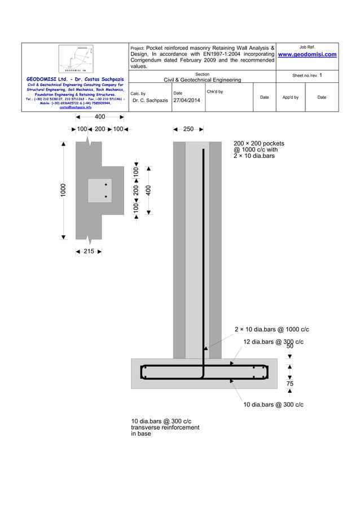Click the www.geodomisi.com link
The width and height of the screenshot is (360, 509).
[x=307, y=55]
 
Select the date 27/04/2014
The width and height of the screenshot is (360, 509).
[x=186, y=100]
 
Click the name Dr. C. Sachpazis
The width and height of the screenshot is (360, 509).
[x=150, y=100]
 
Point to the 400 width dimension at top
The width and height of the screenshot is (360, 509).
[x=100, y=117]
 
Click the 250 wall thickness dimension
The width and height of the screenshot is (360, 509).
[x=189, y=129]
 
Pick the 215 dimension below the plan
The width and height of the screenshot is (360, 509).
[x=89, y=252]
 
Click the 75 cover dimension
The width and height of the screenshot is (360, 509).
[x=290, y=384]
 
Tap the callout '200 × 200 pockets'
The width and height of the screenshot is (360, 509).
[x=259, y=143]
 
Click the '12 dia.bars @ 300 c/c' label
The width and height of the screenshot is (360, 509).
[x=273, y=342]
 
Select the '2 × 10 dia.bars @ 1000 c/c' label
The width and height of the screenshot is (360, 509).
[x=271, y=330]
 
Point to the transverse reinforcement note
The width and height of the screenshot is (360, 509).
[x=165, y=427]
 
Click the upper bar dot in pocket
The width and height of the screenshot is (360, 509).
[x=106, y=185]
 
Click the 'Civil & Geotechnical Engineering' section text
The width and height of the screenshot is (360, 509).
[x=202, y=80]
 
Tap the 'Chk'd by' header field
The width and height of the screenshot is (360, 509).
[x=214, y=91]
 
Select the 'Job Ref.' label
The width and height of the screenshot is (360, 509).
[x=307, y=46]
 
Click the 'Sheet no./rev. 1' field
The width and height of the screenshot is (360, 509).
[x=307, y=75]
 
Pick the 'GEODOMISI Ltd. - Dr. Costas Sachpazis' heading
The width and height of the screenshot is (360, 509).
[x=75, y=79]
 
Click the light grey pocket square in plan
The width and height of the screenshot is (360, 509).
[x=97, y=191]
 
